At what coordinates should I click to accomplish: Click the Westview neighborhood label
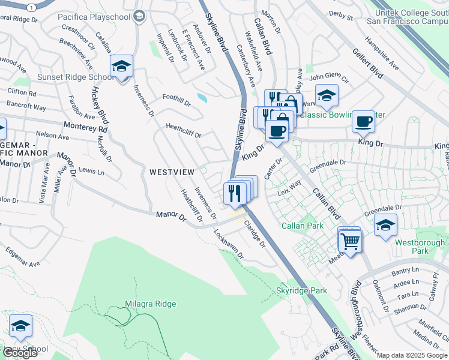pos(172,172)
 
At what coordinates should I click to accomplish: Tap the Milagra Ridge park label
pos(151,304)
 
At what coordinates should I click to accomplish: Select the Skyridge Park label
pos(301,290)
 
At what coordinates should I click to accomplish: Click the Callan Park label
pos(303,226)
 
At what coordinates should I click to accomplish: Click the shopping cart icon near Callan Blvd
pos(351,241)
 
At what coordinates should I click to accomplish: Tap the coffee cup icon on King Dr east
pos(364,122)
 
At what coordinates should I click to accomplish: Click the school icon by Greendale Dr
pos(385,226)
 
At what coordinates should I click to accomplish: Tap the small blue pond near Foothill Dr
pos(202,97)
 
